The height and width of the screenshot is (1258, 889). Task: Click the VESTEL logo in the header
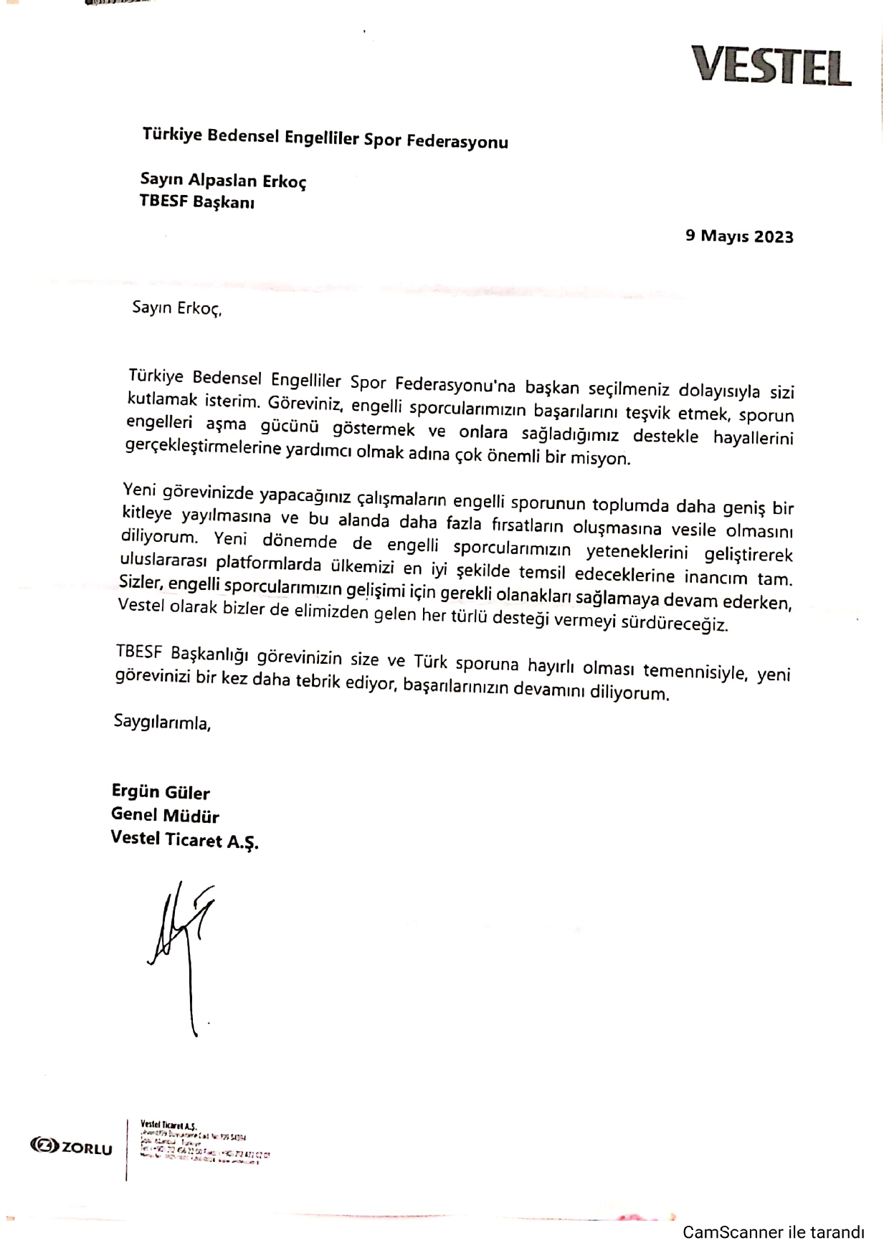point(771,66)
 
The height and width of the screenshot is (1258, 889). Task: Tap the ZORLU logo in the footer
point(72,1148)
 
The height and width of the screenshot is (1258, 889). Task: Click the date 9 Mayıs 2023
point(739,236)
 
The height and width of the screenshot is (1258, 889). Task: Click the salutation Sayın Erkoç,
point(177,308)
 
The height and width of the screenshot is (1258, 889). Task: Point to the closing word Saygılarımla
point(163,722)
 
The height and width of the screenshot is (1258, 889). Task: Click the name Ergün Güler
point(161,792)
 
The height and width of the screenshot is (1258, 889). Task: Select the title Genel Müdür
point(165,815)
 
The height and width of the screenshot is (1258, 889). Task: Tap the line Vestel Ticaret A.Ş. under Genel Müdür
point(184,839)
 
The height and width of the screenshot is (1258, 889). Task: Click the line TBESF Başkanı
point(197,201)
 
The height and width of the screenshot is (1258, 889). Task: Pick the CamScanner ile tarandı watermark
point(773,1232)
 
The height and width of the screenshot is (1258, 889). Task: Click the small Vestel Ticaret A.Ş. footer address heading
point(168,1125)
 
